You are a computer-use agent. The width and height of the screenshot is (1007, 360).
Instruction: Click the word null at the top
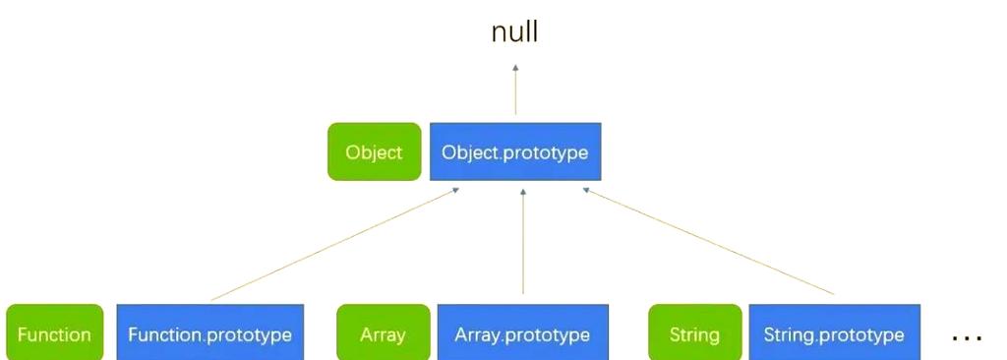[514, 32]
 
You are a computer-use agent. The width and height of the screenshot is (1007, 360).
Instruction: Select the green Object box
[374, 152]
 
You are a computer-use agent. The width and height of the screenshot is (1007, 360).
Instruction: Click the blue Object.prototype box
[515, 152]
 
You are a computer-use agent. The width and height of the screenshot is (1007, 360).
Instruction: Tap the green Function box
[54, 334]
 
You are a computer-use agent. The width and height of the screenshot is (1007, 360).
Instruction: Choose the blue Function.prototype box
[209, 334]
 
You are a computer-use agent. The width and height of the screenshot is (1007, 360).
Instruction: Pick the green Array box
[383, 334]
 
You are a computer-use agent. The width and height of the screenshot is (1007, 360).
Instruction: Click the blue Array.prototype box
[522, 334]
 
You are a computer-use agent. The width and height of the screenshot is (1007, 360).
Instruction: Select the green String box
[694, 334]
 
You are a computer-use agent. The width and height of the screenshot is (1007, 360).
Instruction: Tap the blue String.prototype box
[834, 334]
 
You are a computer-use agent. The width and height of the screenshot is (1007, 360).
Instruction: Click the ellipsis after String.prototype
[967, 337]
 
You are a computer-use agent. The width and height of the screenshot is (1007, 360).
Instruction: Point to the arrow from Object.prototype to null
[515, 93]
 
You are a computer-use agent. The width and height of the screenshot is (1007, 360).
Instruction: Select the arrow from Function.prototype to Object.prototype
[334, 245]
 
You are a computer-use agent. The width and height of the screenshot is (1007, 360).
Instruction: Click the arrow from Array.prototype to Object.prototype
[522, 246]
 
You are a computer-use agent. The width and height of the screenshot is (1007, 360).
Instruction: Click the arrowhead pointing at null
[515, 69]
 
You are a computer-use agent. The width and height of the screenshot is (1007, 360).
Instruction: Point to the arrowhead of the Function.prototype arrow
[457, 192]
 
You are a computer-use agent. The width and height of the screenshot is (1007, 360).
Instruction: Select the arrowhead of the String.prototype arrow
[587, 192]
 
